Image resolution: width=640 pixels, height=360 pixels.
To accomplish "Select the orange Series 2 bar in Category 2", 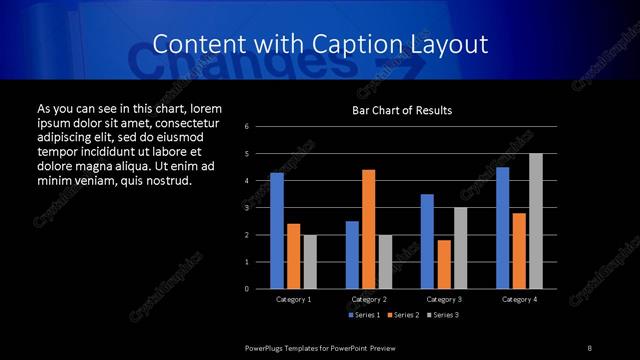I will [x=368, y=229].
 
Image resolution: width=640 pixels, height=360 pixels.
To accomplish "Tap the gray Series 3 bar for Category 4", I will [x=535, y=221].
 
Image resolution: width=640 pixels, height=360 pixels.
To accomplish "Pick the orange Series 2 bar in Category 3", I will [x=444, y=264].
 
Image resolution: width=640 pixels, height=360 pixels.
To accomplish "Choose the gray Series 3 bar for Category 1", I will [x=310, y=262].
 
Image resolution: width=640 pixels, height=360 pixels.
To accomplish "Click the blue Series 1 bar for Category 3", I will [x=427, y=241].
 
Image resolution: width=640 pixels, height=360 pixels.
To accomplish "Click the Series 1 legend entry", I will [x=364, y=315].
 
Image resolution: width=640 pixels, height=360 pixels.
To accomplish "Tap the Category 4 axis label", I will [x=519, y=299].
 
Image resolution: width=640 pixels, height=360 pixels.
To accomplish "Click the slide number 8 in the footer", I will [x=589, y=347].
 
